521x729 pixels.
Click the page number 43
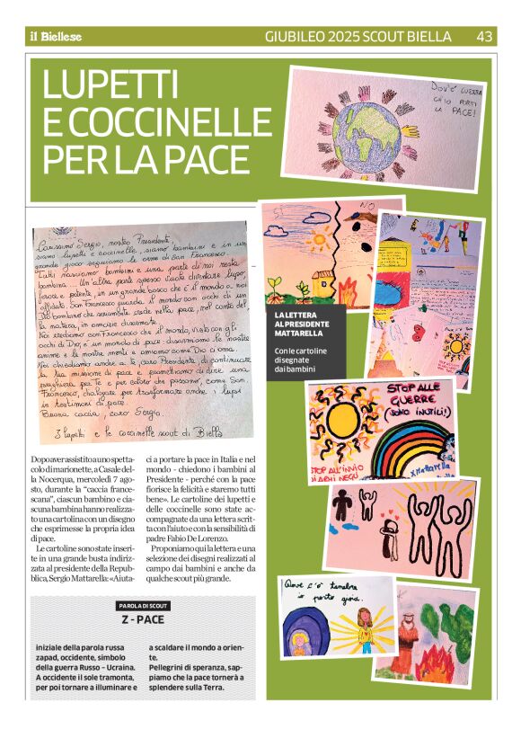(483, 37)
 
